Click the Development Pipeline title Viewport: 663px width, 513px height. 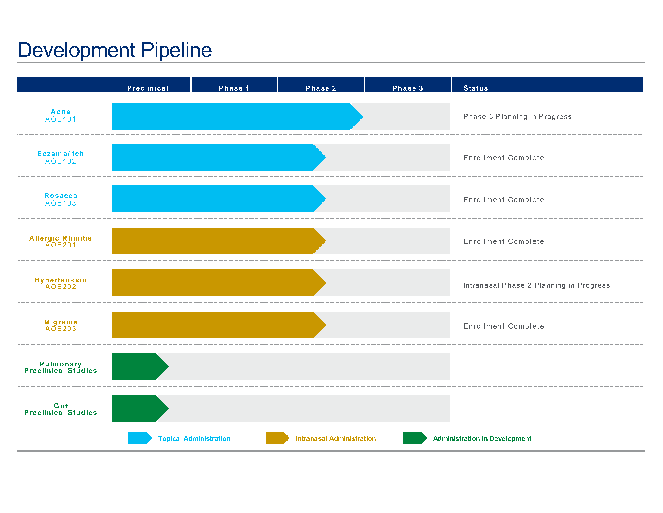click(x=115, y=50)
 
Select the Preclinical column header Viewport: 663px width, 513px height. click(x=148, y=88)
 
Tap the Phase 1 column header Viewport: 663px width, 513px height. click(x=234, y=88)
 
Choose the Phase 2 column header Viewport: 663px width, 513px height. click(x=321, y=88)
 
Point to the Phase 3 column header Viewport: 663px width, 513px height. click(x=407, y=88)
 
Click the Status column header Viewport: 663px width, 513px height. click(x=475, y=88)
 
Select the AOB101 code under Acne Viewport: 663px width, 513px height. click(x=60, y=119)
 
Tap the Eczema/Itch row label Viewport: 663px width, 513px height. click(x=60, y=154)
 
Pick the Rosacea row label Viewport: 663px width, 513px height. click(x=60, y=196)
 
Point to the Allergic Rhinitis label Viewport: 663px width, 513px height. click(x=60, y=238)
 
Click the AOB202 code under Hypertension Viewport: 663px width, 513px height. click(x=60, y=287)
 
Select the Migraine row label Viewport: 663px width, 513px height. click(x=60, y=322)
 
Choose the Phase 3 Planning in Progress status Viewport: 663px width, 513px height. click(x=517, y=117)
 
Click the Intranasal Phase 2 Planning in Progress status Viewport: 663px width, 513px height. click(x=536, y=285)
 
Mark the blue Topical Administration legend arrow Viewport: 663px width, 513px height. click(x=140, y=438)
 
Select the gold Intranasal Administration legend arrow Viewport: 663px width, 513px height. click(x=277, y=438)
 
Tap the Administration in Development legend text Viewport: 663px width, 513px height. click(x=482, y=438)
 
